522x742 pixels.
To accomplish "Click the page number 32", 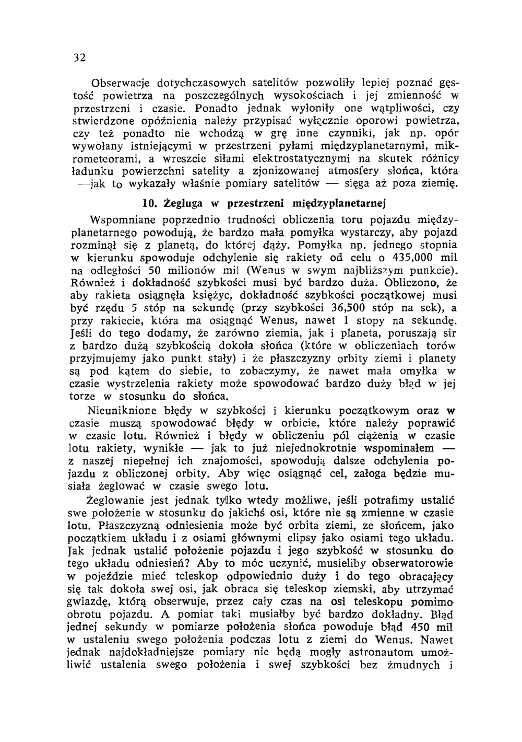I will (x=79, y=57).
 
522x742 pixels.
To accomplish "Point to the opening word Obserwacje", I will (x=118, y=83).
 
